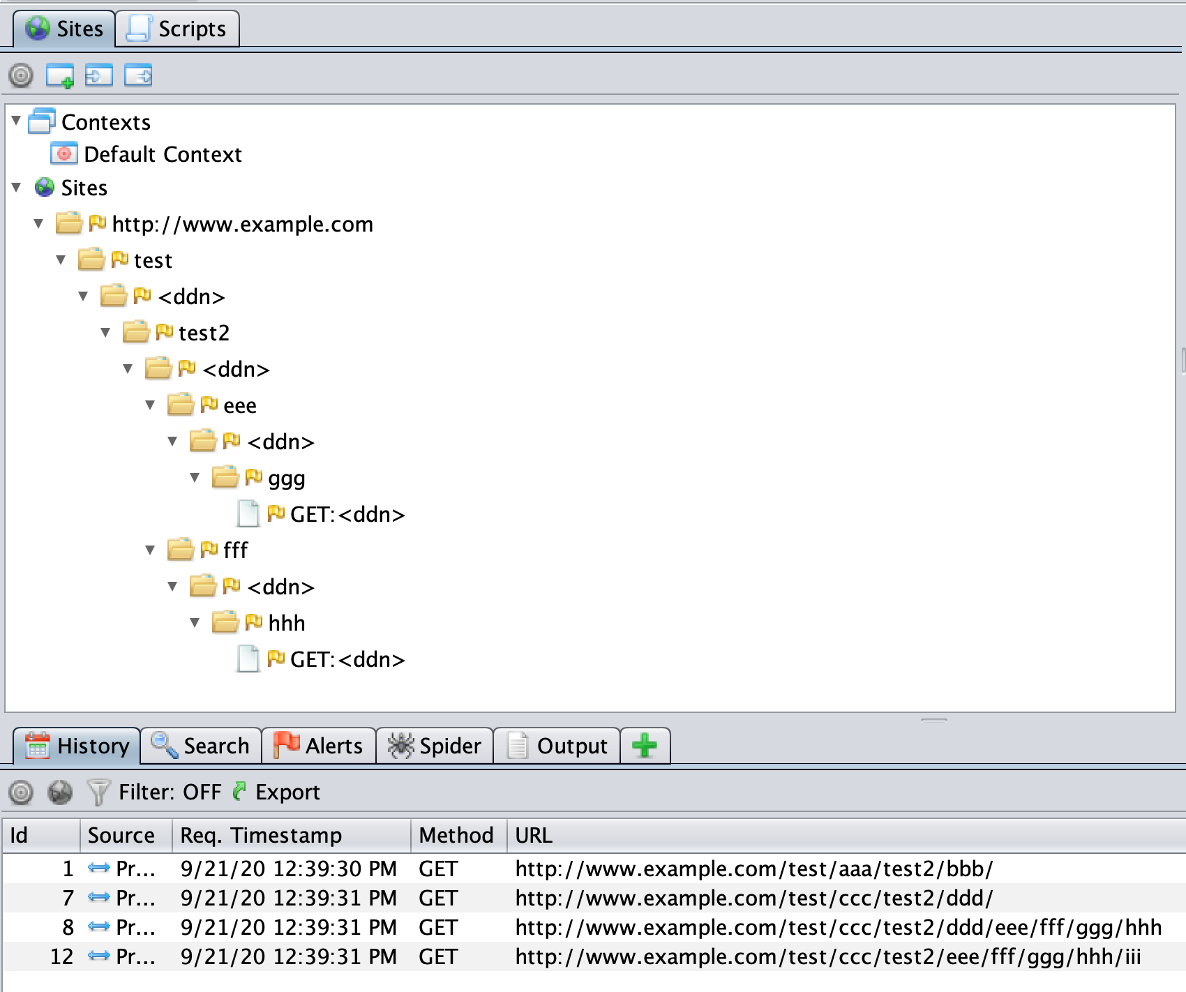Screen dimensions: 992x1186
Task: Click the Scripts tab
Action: tap(177, 29)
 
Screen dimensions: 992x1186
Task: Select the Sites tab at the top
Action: tap(64, 29)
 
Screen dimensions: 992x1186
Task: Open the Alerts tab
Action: tap(319, 746)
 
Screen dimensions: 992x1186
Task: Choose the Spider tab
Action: tap(435, 746)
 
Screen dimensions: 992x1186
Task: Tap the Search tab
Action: tap(201, 746)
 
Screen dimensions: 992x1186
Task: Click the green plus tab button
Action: tap(645, 746)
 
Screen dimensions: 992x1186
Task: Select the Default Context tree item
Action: tap(162, 154)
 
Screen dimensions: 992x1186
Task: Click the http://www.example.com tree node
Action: tap(242, 225)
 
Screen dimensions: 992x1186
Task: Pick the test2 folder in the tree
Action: tap(203, 333)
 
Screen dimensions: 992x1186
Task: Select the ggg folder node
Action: tap(286, 479)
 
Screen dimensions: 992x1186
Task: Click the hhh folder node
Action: tap(286, 624)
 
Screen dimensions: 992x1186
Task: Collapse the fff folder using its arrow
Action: tap(151, 550)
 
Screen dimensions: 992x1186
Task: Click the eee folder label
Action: tap(239, 406)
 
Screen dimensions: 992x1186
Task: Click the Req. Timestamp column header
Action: tap(261, 835)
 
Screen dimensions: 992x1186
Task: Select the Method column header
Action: tap(456, 835)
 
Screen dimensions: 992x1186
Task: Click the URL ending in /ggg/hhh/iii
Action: tap(828, 956)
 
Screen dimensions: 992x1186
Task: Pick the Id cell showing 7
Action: tap(68, 898)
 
